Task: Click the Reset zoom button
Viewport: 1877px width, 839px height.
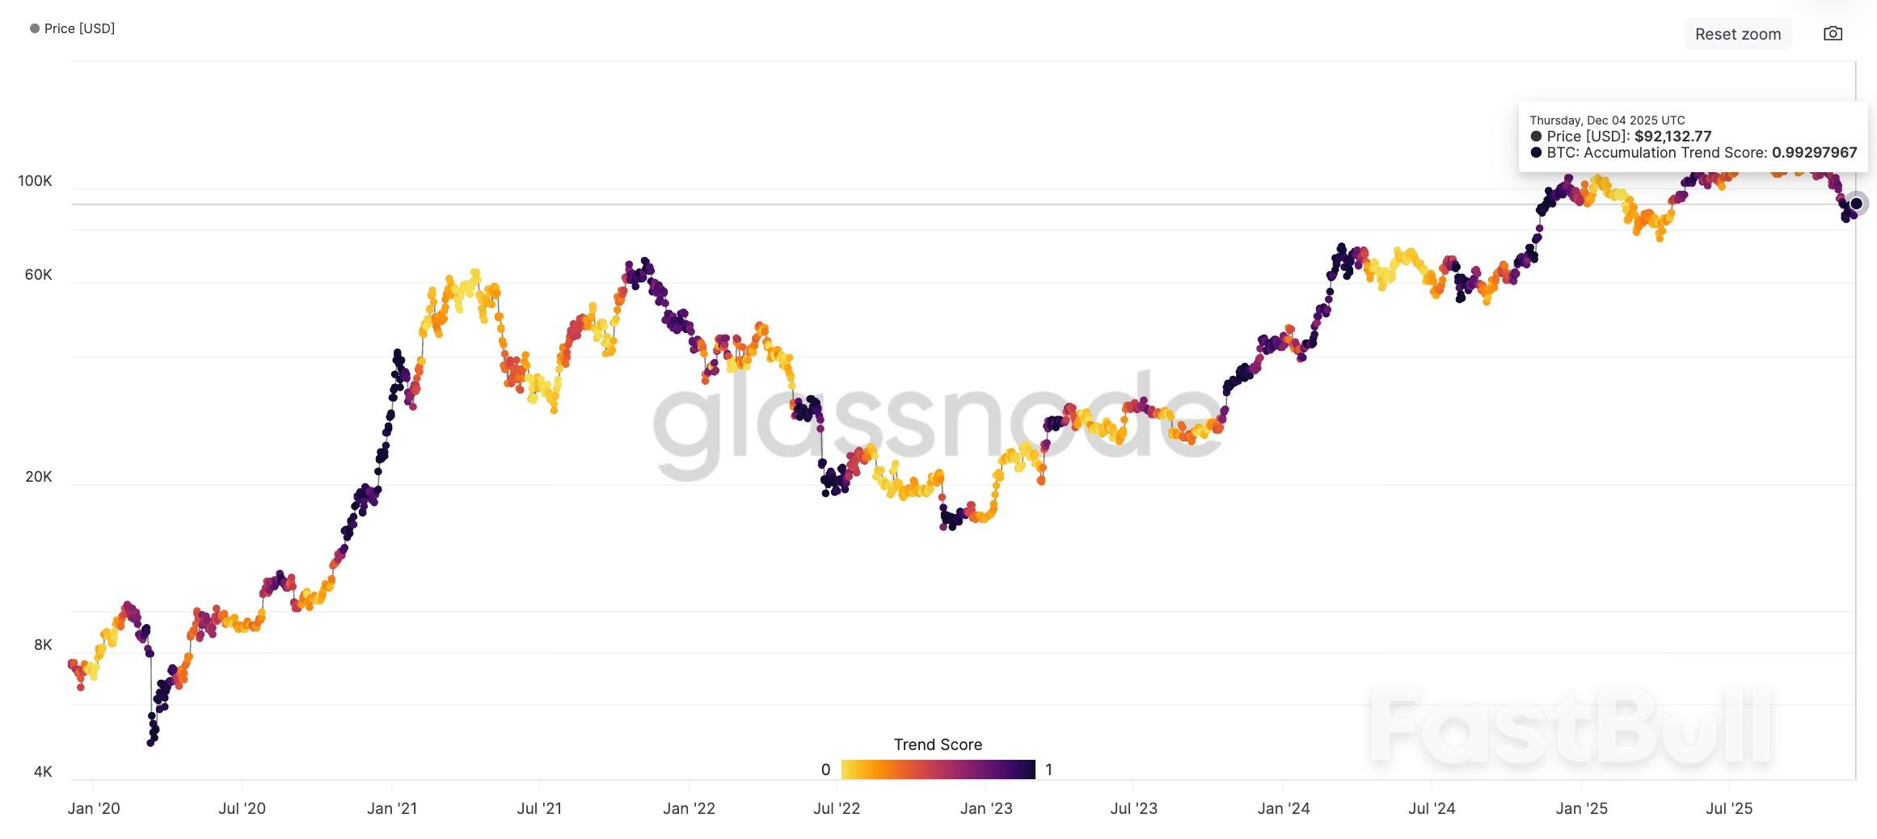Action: (x=1737, y=34)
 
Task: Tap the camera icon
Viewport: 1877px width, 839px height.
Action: (x=1833, y=34)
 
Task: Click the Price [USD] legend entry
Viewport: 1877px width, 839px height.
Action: (x=73, y=28)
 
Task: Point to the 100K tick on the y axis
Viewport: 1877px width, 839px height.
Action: (x=35, y=181)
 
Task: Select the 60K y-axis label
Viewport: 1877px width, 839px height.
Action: (x=38, y=275)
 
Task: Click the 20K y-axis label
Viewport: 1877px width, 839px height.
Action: (x=38, y=477)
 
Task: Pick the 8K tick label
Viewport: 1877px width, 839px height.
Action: (x=43, y=645)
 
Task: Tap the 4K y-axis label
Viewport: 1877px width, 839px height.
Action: (x=43, y=772)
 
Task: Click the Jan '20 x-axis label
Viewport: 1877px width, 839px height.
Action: (x=94, y=808)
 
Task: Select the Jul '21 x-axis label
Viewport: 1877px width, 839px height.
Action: (x=539, y=808)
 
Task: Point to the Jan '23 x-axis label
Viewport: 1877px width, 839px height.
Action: (x=985, y=808)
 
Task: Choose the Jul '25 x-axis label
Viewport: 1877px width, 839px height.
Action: (x=1729, y=808)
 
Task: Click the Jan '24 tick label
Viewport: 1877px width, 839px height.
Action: (x=1283, y=808)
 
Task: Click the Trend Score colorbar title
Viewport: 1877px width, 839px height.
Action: (x=938, y=744)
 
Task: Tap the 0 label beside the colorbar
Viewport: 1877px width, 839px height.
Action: (x=825, y=769)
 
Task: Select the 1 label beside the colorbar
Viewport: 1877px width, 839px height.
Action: (x=1048, y=769)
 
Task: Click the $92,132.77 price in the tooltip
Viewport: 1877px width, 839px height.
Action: (x=1672, y=137)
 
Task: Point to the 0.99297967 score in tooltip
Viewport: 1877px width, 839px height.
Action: (x=1814, y=153)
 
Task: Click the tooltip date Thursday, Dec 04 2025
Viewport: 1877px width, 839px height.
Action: (x=1607, y=120)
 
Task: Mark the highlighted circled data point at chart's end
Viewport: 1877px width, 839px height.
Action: (x=1856, y=204)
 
